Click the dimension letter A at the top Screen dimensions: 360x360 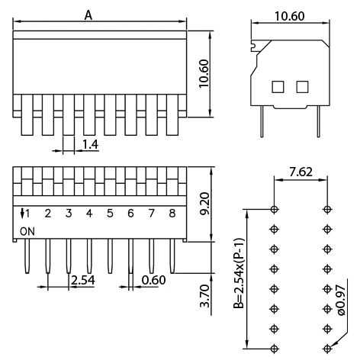(88, 14)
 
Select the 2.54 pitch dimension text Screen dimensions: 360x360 (82, 281)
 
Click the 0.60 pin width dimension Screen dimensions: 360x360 (153, 281)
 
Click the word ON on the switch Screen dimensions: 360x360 (27, 230)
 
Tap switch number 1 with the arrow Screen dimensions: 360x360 (27, 213)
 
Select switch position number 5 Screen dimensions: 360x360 (110, 213)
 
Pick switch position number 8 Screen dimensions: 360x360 (172, 213)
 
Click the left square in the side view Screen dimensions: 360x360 (278, 86)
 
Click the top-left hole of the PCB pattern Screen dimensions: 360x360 (275, 208)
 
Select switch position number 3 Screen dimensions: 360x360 (69, 213)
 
